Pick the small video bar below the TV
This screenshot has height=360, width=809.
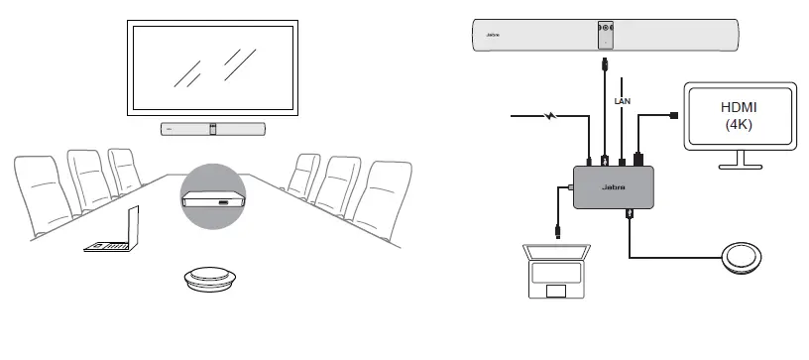[214, 129]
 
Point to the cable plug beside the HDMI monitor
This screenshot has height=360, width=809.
[675, 116]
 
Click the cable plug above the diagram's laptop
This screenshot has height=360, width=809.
[561, 231]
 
